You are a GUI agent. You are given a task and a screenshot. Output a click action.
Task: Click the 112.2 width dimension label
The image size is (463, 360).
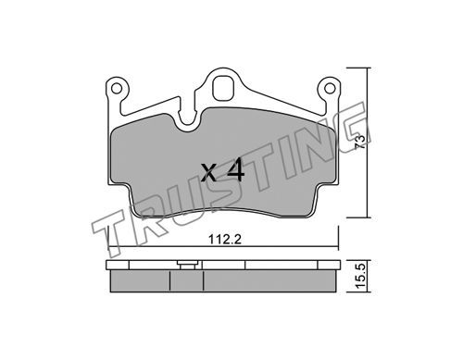[225, 239]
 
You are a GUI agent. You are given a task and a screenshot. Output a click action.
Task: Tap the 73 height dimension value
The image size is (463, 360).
[361, 143]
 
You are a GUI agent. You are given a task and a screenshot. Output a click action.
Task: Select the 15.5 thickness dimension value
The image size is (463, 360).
[361, 276]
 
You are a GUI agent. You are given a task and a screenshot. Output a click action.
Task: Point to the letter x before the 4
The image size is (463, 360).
[209, 172]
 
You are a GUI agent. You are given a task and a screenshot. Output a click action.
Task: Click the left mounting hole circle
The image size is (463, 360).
[117, 89]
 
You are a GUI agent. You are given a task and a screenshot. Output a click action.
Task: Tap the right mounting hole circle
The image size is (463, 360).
[330, 89]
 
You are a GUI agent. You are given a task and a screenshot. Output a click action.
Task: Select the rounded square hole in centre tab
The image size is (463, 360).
[225, 89]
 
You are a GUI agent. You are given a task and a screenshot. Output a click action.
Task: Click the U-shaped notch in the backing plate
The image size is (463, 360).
[188, 118]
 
